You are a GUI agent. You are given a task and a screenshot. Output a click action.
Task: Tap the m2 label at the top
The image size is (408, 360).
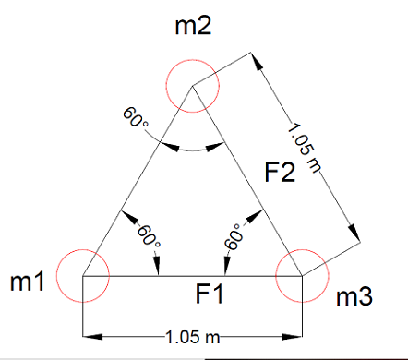point(193,27)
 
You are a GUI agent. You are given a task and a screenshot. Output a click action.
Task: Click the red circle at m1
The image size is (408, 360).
point(83,275)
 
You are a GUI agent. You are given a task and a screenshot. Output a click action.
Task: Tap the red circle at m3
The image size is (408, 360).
point(303,275)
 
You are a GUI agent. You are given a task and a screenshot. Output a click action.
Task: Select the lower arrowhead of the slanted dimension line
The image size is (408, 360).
point(354,234)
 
